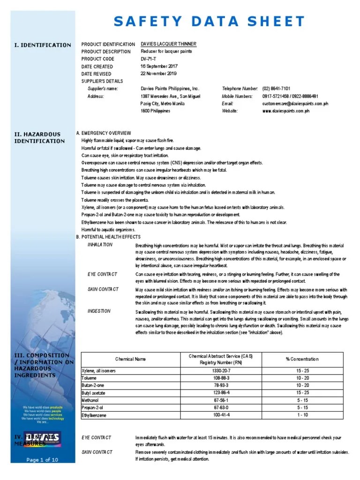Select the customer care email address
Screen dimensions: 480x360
click(295, 104)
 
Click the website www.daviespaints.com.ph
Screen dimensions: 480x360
click(286, 111)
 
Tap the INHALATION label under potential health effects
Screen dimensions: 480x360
click(100, 245)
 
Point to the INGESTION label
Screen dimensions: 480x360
click(99, 311)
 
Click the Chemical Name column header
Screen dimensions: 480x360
click(131, 359)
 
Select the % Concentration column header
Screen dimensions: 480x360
click(302, 359)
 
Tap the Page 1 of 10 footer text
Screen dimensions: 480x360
click(42, 460)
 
